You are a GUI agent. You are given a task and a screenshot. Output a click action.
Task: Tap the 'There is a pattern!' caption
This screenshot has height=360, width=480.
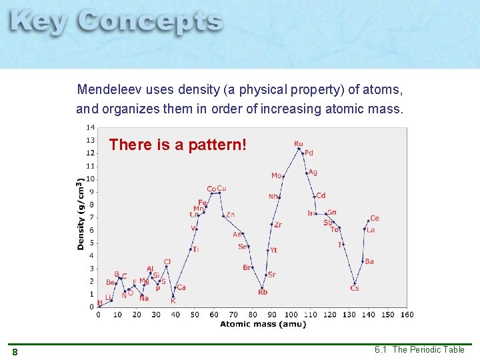(177, 145)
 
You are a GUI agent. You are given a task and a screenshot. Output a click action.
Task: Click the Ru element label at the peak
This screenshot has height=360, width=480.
(298, 143)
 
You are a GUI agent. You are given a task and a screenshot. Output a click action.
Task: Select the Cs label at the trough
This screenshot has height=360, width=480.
(355, 288)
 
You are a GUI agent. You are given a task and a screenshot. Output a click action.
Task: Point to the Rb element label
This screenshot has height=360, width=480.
(263, 292)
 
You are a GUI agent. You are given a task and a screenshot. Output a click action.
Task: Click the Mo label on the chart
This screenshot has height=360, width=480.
(276, 175)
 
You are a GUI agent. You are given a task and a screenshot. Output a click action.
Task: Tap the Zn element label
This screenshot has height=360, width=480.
(230, 215)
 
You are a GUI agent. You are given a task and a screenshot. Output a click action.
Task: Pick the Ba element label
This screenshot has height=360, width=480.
(369, 261)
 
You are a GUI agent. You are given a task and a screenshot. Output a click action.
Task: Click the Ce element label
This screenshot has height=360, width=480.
(374, 218)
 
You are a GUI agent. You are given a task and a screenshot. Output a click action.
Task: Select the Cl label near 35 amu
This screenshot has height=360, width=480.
(167, 261)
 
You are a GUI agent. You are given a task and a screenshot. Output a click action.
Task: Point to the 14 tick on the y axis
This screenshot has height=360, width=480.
(89, 127)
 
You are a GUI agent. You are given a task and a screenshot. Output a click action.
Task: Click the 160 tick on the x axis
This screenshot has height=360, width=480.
(407, 315)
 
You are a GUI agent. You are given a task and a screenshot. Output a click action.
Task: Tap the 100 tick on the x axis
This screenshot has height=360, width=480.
(291, 315)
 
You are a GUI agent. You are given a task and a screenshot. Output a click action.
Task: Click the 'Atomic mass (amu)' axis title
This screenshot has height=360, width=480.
(263, 325)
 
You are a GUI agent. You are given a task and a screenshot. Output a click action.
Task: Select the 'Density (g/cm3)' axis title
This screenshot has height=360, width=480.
(80, 213)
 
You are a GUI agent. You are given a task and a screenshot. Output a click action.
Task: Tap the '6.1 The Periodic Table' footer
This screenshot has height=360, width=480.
(419, 350)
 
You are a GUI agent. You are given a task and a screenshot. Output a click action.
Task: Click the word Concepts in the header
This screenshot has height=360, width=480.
(150, 23)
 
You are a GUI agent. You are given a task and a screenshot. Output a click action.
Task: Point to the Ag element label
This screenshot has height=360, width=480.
(313, 172)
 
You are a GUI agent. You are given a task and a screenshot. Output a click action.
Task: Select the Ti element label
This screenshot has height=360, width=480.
(196, 249)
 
